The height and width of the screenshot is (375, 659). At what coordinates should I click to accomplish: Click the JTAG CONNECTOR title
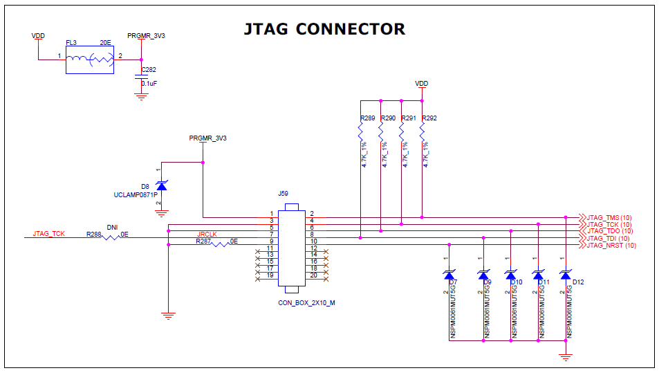324,29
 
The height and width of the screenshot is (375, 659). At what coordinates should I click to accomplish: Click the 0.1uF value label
149,83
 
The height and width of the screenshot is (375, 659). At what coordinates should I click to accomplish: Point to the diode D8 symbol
161,185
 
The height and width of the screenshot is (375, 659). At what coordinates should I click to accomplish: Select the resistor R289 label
367,118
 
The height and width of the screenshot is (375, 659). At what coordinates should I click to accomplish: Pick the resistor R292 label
429,118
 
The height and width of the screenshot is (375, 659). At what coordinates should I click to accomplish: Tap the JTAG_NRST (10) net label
611,245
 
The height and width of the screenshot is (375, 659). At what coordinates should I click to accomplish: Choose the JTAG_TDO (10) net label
609,231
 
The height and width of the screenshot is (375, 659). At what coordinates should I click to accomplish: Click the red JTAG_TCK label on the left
48,234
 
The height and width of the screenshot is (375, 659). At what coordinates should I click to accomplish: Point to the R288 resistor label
93,235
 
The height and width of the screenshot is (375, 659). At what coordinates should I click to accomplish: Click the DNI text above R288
112,227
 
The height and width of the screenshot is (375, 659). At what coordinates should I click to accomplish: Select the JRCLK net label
207,235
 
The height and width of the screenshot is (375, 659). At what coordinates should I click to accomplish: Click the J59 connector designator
283,194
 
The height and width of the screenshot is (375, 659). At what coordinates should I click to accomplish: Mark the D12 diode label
578,282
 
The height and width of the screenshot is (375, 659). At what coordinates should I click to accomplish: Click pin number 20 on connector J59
314,275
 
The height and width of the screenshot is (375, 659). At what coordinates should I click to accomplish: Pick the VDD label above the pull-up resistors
421,83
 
